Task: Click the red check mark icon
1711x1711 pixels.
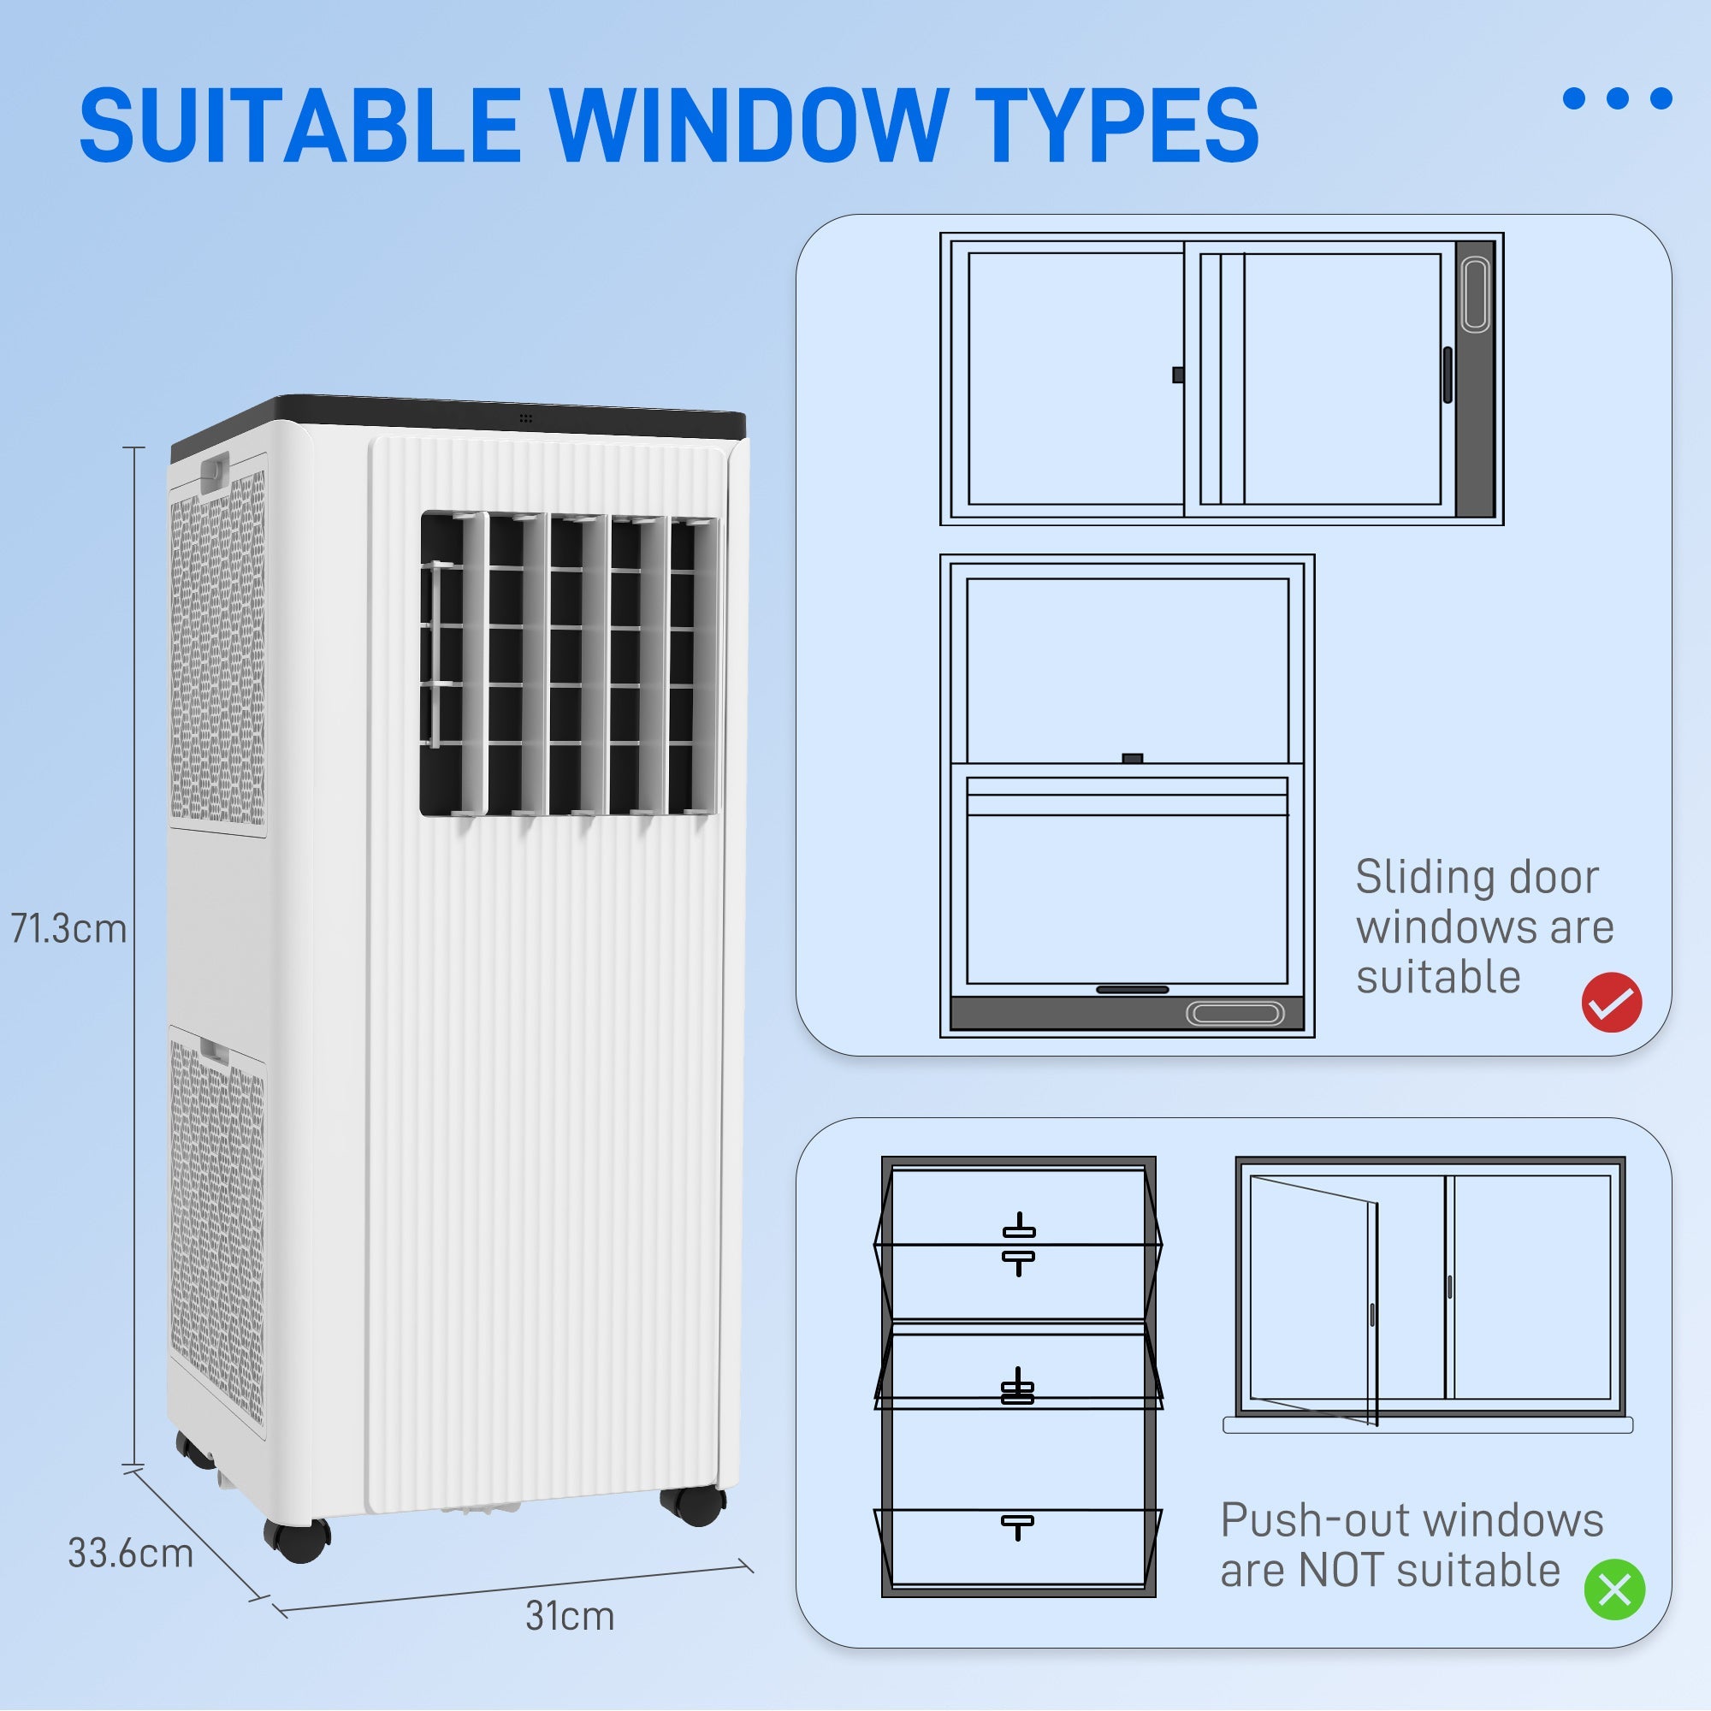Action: click(x=1612, y=1003)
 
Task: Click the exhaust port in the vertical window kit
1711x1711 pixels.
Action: click(x=1476, y=295)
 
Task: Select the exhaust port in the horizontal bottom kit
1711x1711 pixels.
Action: click(x=1234, y=1013)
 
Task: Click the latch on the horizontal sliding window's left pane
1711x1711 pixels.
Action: click(x=1178, y=375)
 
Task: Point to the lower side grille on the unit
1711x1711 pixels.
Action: click(x=217, y=1231)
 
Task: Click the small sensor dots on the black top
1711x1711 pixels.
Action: click(x=526, y=417)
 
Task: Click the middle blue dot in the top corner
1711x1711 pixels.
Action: click(x=1617, y=98)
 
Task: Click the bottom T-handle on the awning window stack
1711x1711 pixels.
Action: click(x=1017, y=1526)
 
